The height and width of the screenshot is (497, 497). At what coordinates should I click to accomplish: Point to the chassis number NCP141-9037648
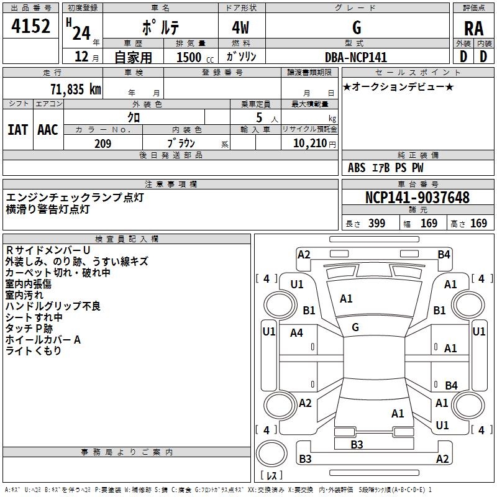[x=417, y=198]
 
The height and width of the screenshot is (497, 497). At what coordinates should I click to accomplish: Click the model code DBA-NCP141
[x=356, y=57]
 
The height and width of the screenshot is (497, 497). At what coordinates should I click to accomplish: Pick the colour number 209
[x=103, y=144]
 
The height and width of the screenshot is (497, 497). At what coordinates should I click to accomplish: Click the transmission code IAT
[x=17, y=130]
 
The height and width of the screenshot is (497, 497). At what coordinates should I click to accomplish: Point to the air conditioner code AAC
[x=48, y=130]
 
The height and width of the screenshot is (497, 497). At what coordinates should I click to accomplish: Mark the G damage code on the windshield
[x=355, y=327]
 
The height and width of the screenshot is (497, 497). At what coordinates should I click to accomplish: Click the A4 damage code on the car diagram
[x=296, y=333]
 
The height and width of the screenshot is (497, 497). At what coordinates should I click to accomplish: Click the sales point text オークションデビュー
[x=398, y=86]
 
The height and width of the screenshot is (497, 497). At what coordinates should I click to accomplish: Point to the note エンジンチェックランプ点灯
[x=75, y=198]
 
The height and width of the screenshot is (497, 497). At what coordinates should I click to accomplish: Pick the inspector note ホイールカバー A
[x=43, y=340]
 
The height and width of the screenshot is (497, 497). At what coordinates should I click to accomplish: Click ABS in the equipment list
[x=357, y=168]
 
